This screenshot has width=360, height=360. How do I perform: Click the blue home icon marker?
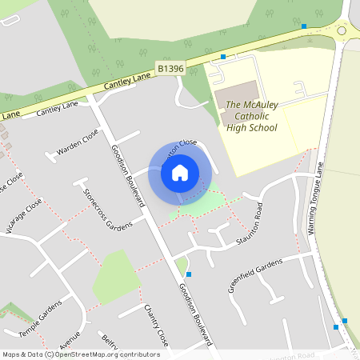180,172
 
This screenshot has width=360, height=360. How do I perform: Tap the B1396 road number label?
170,70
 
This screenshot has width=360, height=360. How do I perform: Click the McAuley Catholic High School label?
251,116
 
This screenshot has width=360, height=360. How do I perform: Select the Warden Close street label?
78,142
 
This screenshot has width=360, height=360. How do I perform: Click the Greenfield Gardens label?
255,275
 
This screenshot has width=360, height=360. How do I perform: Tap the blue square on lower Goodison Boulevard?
189,274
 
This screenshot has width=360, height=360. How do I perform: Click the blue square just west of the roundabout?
304,26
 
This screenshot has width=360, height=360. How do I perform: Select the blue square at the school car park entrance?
223,57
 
